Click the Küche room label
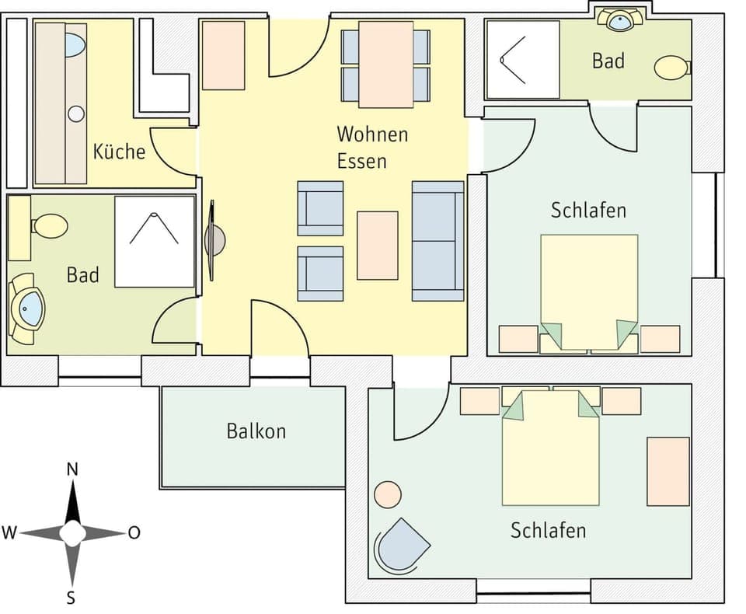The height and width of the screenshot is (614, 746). pos(119,151)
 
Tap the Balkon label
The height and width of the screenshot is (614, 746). pos(256,431)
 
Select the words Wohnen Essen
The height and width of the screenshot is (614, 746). pos(371,147)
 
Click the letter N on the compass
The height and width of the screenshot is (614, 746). pos(72,469)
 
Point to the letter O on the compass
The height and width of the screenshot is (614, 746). pos(134,533)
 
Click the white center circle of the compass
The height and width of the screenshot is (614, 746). pos(72,533)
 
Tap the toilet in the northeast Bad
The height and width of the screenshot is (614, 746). pos(671,68)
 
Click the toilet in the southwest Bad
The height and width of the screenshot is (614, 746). pos(50,226)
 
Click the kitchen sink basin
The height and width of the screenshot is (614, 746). pos(75,44)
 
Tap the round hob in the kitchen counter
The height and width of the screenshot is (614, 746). pos(75,114)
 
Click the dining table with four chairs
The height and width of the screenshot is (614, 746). pos(385,65)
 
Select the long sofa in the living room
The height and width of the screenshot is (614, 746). pos(437,241)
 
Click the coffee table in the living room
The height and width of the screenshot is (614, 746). pos(378,245)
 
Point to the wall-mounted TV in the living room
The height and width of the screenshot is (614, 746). pos(214,240)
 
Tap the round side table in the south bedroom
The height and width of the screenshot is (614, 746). pos(387,494)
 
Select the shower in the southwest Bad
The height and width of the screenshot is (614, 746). pos(154,242)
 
